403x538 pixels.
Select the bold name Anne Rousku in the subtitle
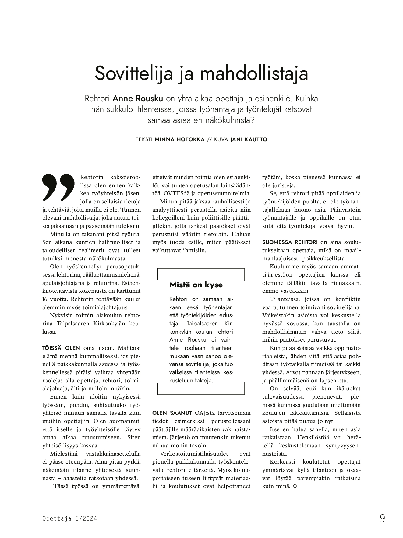click(x=138, y=99)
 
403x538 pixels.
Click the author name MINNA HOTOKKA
click(x=180, y=140)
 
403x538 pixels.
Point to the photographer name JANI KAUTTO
click(x=248, y=140)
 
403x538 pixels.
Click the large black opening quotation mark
click(x=58, y=187)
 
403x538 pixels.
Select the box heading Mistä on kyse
click(x=196, y=285)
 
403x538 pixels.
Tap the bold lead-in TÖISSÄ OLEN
click(x=61, y=348)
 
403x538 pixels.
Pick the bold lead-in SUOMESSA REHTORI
click(x=290, y=242)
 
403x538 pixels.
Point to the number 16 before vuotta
click(x=45, y=299)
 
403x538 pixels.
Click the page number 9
click(x=382, y=518)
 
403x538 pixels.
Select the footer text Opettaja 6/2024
click(x=69, y=518)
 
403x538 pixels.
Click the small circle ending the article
click(x=295, y=486)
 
